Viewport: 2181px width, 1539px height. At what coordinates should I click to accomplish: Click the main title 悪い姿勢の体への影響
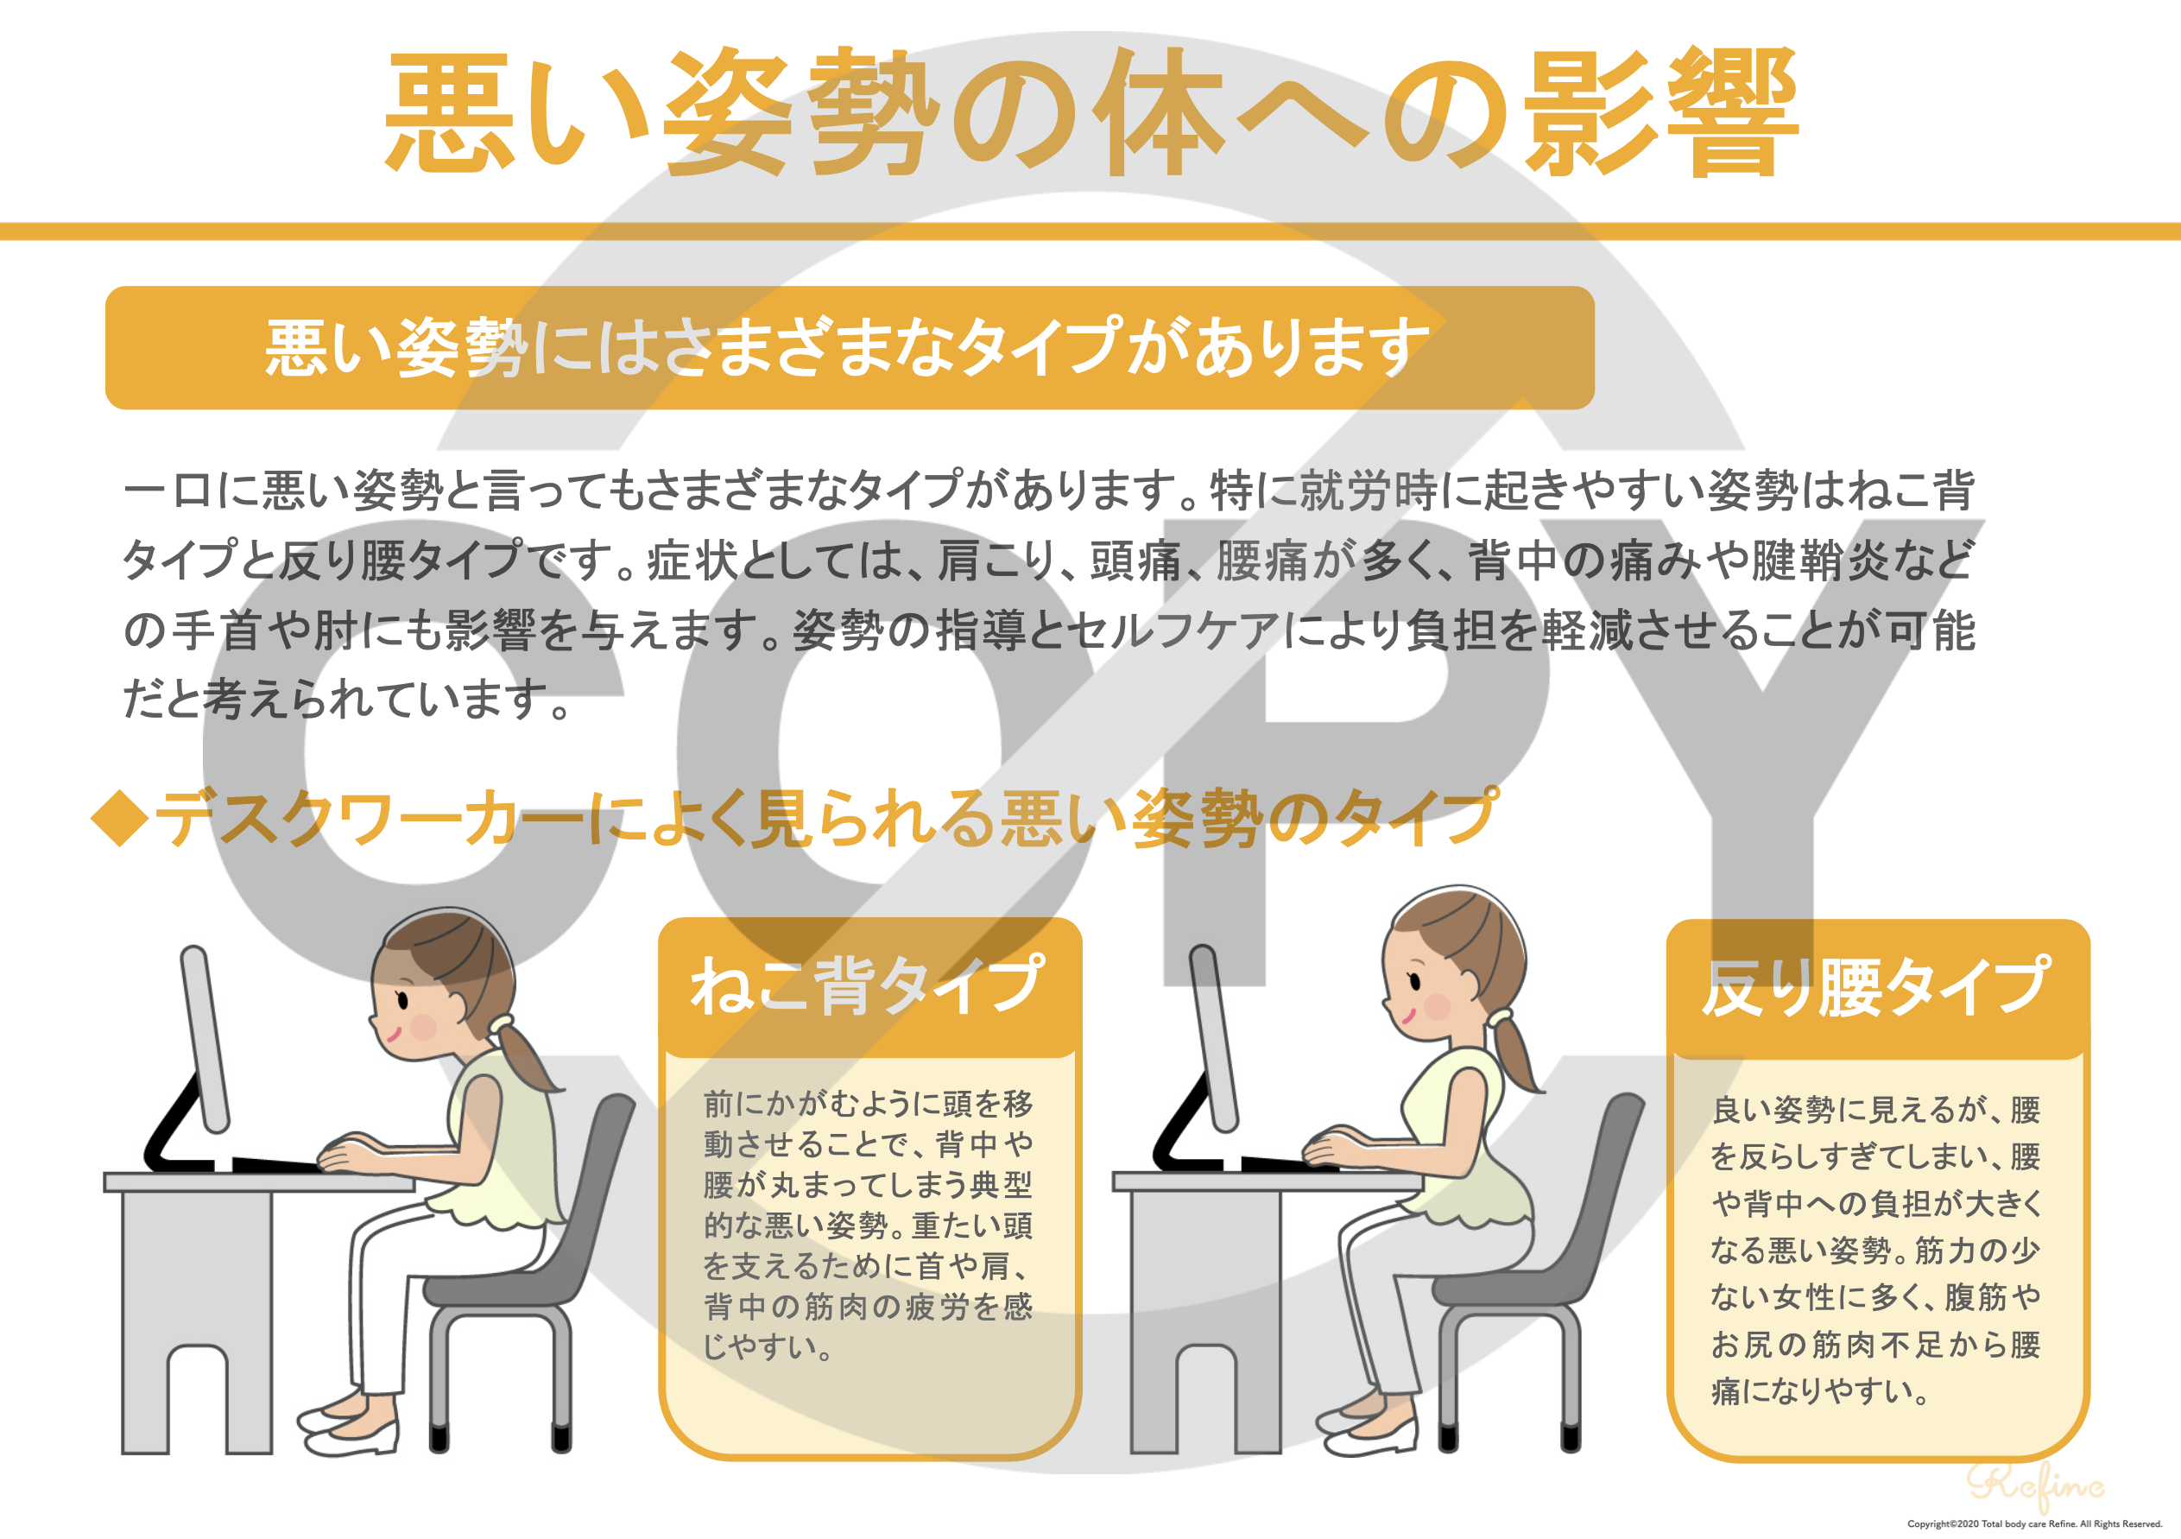click(x=1090, y=112)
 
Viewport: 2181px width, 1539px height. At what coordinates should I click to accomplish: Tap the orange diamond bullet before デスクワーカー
click(x=120, y=817)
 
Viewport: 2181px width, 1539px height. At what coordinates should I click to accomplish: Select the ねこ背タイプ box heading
click(x=869, y=985)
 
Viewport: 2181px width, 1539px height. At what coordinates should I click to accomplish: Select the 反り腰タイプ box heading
click(x=1875, y=987)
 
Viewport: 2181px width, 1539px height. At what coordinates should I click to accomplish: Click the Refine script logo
click(x=2032, y=1485)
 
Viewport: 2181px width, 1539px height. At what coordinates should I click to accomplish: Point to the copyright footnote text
click(x=2033, y=1523)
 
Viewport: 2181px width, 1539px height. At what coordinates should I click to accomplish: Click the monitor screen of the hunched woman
click(x=206, y=1037)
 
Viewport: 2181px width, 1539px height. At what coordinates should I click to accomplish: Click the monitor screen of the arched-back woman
click(x=1215, y=1037)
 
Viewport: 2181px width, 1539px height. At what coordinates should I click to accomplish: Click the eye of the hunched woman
click(x=402, y=999)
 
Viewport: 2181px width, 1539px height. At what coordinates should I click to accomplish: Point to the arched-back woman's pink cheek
click(x=1438, y=1006)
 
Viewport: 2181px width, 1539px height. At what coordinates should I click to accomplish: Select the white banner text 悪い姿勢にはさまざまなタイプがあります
click(x=847, y=348)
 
